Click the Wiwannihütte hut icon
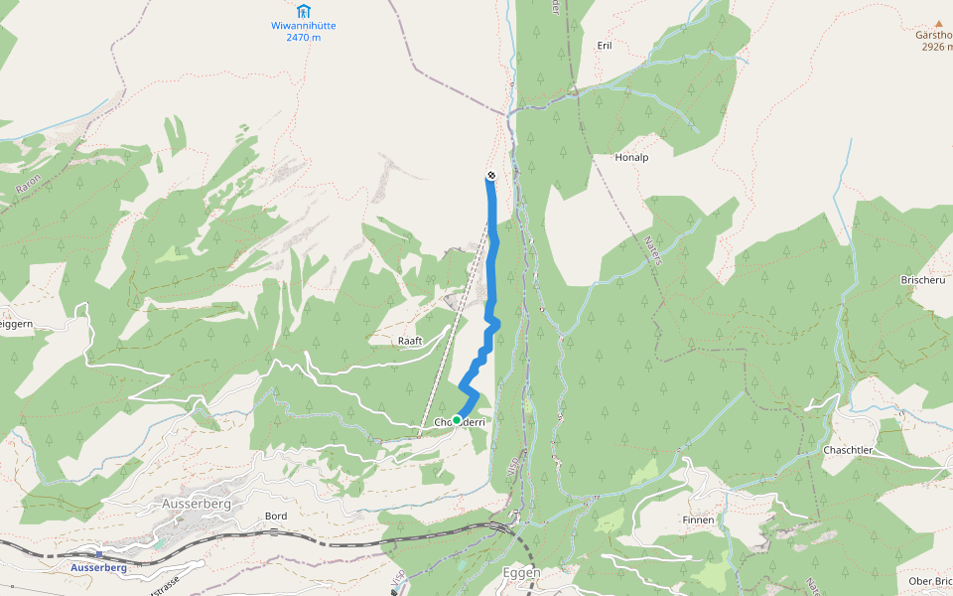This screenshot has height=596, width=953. [303, 11]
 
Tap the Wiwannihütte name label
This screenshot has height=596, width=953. [303, 25]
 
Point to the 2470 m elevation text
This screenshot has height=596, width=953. [303, 38]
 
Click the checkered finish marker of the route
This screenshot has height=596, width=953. [490, 176]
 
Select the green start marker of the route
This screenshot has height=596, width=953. [457, 420]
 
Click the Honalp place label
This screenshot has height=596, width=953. [631, 157]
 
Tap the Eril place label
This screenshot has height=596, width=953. [605, 46]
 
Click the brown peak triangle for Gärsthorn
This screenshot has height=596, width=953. [937, 22]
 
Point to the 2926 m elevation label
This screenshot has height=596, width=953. [935, 47]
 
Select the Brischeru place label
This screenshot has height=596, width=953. [922, 280]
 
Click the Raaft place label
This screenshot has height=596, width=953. [410, 341]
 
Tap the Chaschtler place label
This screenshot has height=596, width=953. [847, 450]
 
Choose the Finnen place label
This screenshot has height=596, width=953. [698, 520]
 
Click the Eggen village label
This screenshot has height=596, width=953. [521, 573]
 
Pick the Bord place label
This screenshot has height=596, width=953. [276, 517]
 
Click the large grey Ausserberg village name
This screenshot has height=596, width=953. [196, 505]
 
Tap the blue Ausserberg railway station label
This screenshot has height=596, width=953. [98, 568]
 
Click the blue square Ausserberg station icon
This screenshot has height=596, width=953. [100, 554]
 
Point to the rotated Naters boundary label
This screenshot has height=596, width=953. [652, 249]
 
